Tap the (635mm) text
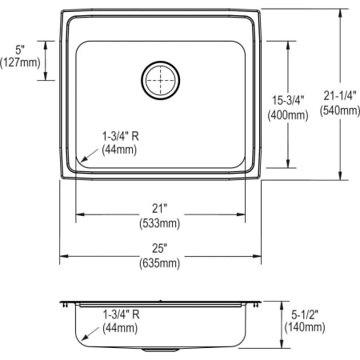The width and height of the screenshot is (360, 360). [x=162, y=262]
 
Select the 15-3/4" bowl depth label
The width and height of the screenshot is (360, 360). [x=286, y=101]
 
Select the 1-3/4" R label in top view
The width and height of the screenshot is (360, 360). [x=122, y=136]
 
